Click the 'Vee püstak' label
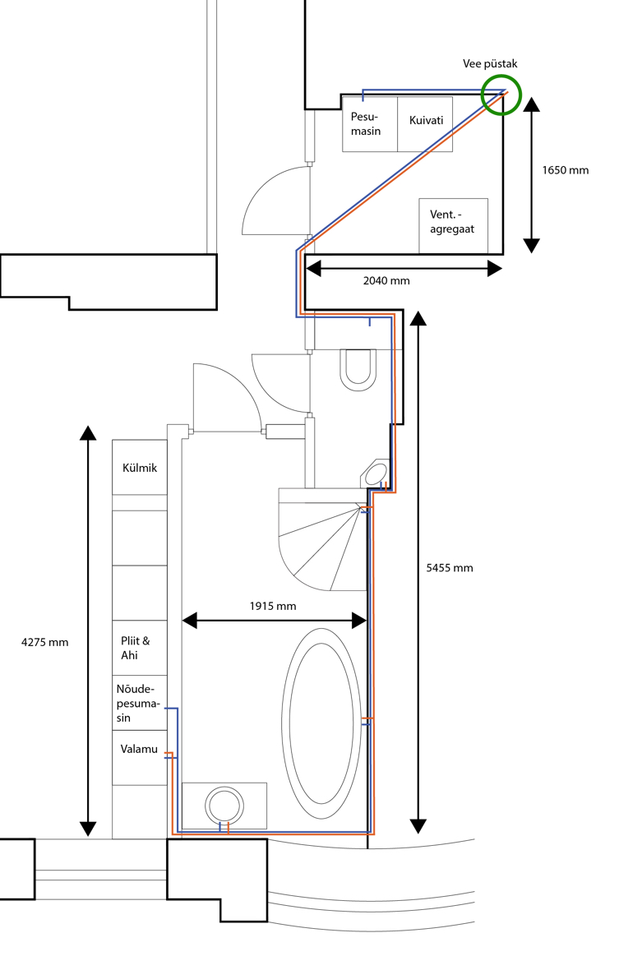[x=490, y=64]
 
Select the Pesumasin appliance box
[x=370, y=124]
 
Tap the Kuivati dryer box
[x=426, y=124]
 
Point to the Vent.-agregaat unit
[x=453, y=226]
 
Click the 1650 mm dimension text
[x=566, y=170]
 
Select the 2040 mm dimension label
[x=386, y=281]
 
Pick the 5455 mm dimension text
[x=450, y=568]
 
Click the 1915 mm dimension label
[x=273, y=607]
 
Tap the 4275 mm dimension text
[x=44, y=642]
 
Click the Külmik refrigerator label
[x=140, y=468]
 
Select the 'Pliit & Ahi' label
[x=136, y=648]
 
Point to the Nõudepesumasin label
[x=137, y=704]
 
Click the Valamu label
[x=139, y=749]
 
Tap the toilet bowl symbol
[x=358, y=370]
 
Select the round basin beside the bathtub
[x=224, y=806]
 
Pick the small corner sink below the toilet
[x=375, y=474]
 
